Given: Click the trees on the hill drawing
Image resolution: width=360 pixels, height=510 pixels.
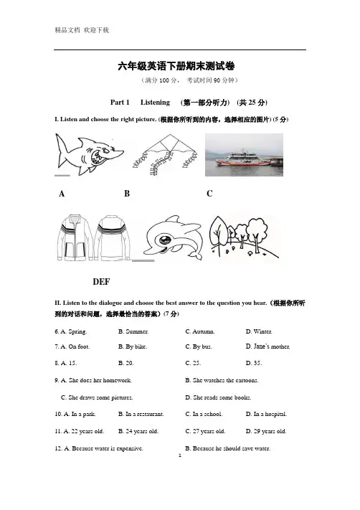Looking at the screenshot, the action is click(244, 237).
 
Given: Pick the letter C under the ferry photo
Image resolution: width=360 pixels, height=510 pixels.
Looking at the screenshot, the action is click(209, 194).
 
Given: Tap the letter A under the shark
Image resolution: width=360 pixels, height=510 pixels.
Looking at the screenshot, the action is click(62, 194).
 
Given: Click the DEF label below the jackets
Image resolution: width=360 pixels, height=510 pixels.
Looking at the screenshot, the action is click(101, 282).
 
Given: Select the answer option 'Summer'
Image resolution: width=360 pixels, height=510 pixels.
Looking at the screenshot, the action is click(133, 331).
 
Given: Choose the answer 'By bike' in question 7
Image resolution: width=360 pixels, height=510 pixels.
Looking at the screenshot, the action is click(133, 346).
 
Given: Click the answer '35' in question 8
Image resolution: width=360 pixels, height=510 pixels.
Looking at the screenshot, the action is click(254, 363).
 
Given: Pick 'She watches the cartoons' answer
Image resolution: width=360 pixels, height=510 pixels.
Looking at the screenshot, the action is click(222, 380).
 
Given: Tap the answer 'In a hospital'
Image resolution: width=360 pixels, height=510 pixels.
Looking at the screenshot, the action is click(266, 414).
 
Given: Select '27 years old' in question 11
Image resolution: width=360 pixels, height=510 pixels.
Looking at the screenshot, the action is click(205, 431).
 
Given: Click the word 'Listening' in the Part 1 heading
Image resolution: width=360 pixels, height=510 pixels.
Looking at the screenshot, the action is click(155, 103).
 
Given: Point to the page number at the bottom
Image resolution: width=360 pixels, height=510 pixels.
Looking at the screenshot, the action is click(180, 455).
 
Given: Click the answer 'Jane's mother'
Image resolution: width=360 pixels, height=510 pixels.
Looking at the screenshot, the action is click(267, 346).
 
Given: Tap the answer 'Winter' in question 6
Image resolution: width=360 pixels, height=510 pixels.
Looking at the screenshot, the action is click(259, 331).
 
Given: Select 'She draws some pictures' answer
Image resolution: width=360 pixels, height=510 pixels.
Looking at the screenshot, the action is click(97, 397).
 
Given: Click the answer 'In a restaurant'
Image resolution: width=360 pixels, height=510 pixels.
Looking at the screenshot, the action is click(141, 414).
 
